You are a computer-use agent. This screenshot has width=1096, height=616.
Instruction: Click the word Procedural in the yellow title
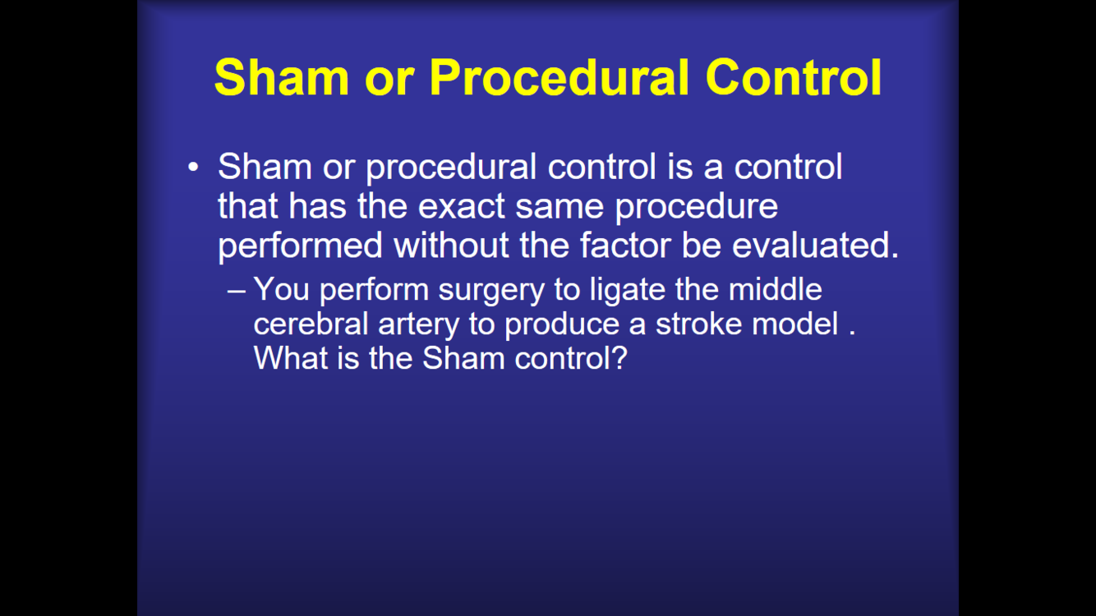560,77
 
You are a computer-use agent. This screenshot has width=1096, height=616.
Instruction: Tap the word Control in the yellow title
794,77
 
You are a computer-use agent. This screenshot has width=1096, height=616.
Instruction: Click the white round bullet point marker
193,167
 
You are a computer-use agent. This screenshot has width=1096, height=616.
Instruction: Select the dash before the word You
237,291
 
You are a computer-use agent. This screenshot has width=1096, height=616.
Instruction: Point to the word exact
462,206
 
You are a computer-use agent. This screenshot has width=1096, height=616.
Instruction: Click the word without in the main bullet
451,245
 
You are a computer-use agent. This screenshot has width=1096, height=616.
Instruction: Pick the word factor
626,245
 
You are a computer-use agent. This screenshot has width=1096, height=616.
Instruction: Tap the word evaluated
816,245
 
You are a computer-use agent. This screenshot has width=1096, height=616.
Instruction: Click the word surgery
491,291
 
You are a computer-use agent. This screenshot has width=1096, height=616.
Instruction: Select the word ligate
627,291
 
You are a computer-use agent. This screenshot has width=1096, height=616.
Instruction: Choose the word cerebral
311,324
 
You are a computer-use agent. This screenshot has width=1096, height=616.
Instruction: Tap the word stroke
698,324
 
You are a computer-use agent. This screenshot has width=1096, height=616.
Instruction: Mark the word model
795,324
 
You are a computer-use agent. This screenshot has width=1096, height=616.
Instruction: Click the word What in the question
291,358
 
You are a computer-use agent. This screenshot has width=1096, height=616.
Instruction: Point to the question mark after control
619,358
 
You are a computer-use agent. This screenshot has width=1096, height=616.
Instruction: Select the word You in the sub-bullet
281,289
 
